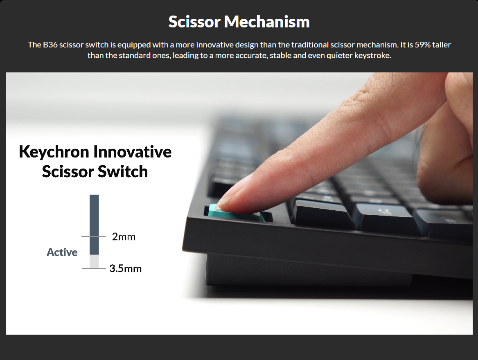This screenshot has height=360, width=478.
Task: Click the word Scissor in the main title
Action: click(194, 22)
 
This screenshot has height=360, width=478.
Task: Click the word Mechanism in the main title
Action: click(267, 22)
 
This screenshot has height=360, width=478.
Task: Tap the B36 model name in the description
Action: click(50, 45)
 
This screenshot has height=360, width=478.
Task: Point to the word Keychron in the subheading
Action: click(54, 152)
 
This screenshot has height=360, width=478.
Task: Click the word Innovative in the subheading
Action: click(133, 151)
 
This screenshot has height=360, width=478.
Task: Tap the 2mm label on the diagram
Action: click(124, 236)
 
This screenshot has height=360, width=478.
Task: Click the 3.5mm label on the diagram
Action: click(125, 268)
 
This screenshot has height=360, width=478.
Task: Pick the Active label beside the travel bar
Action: click(62, 252)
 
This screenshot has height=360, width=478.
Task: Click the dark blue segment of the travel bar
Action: click(94, 225)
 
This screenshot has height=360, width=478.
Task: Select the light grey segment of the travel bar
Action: click(94, 261)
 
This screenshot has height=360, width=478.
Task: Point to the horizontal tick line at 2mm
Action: click(93, 236)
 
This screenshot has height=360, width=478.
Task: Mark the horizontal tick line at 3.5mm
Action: click(94, 268)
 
